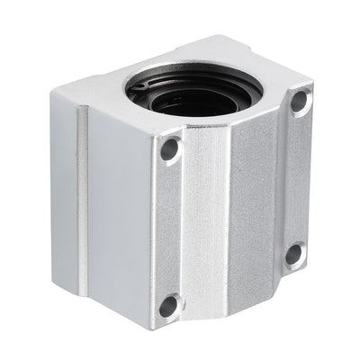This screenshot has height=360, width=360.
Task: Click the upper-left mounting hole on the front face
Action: coord(169,149)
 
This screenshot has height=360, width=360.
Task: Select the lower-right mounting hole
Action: coord(294,255)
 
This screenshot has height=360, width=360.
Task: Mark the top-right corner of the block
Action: coord(312,88)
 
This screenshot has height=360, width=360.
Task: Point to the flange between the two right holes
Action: coord(297,180)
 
